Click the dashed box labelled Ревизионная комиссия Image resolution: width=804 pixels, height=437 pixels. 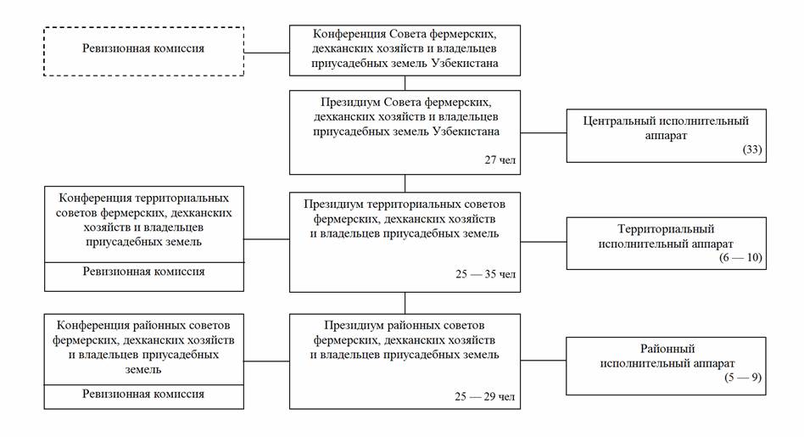point(143,50)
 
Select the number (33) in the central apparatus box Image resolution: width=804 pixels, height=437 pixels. point(751,151)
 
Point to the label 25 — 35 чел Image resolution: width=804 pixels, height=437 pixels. point(484,274)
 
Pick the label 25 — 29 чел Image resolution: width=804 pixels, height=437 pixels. point(484,395)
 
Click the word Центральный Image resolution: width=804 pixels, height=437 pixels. point(622,120)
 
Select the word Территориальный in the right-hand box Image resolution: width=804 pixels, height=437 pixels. point(666,229)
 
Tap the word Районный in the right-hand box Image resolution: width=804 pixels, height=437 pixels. point(666,349)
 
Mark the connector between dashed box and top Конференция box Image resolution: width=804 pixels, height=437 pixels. point(266,53)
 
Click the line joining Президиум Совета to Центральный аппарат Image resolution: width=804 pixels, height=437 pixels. point(544,133)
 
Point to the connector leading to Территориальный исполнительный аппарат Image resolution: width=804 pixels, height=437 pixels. point(544,242)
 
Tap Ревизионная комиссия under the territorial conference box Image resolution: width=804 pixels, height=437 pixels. point(143,272)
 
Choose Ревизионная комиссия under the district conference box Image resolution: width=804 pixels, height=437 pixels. point(143,395)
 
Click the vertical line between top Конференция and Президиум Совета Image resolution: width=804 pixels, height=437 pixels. point(405,83)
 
